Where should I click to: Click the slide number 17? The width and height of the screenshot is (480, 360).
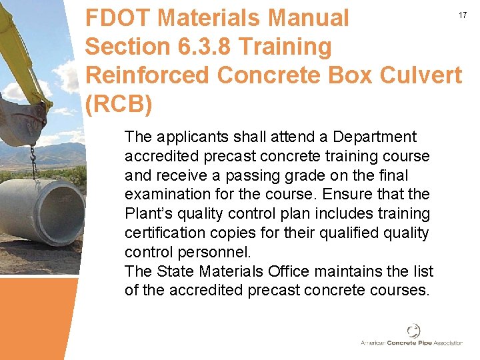(x=461, y=15)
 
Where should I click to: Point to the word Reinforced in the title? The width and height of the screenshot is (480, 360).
(x=148, y=75)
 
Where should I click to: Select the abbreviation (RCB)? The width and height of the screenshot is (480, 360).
(x=119, y=105)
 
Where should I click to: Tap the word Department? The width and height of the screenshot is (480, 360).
(x=375, y=137)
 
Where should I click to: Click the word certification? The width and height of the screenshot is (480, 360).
(x=164, y=233)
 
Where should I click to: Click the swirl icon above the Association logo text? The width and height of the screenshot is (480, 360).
(x=413, y=331)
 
